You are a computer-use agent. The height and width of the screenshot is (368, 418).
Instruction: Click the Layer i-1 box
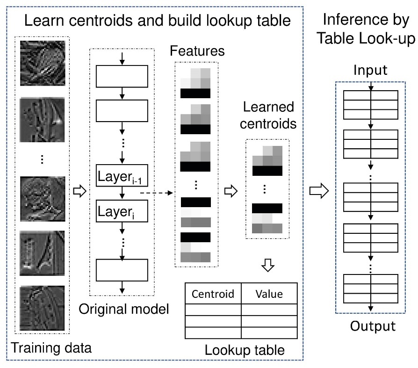pyautogui.click(x=122, y=176)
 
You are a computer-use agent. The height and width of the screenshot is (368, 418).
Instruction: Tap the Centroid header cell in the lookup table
pyautogui.click(x=213, y=294)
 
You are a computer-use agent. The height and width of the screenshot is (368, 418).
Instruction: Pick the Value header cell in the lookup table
pyautogui.click(x=269, y=294)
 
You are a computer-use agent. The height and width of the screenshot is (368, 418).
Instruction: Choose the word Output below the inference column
pyautogui.click(x=370, y=325)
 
